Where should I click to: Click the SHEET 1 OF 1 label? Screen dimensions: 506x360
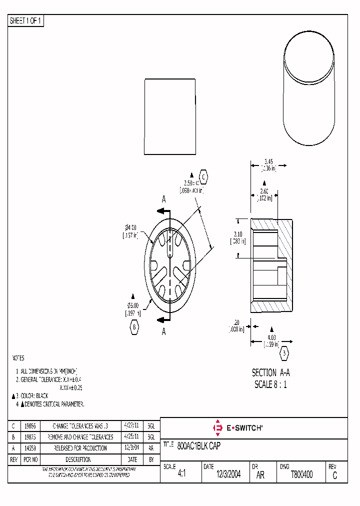coord(26,21)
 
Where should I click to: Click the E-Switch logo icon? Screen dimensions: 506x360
coord(217,428)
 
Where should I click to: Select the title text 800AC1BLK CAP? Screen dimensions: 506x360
coord(198,445)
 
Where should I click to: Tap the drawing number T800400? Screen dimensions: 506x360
coord(301,475)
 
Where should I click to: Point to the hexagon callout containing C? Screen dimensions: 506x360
coord(203,176)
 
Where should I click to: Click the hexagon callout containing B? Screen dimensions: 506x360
coord(134,327)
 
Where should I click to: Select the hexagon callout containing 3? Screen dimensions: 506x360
coord(284,353)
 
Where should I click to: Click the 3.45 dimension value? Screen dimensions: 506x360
coord(268,161)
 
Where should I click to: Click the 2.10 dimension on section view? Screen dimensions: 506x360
coord(238,234)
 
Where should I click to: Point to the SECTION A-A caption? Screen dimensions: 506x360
coord(270,373)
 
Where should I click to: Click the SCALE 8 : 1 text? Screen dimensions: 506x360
coord(270,384)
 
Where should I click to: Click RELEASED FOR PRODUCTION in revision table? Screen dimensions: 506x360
coord(80,448)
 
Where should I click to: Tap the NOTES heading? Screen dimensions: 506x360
coord(17,358)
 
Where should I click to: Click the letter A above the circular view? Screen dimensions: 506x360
coord(163,199)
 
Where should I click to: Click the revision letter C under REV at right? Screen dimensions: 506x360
coord(334,476)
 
